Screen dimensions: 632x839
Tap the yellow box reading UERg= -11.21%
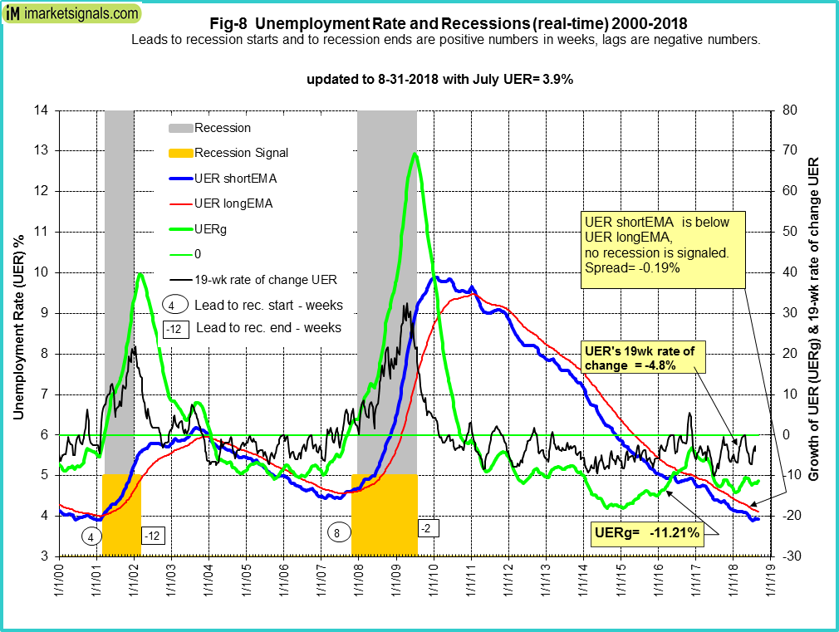pos(645,532)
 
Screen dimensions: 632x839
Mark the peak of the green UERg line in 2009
pos(414,154)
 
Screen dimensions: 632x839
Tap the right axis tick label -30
pos(789,556)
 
